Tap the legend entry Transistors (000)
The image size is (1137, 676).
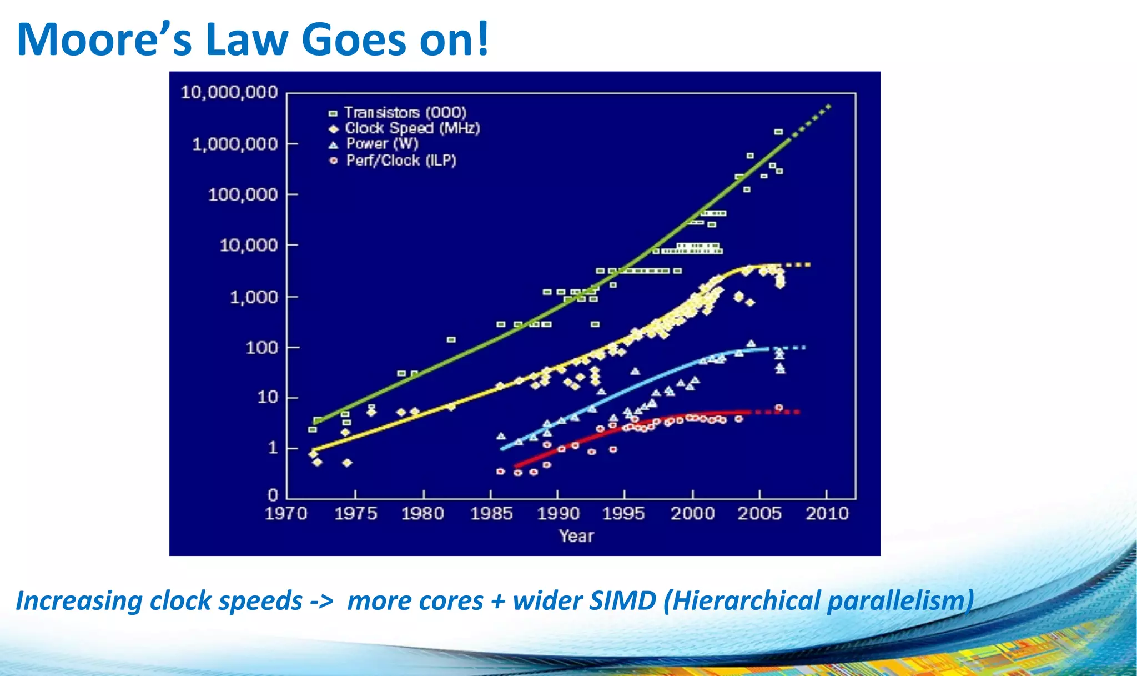pos(405,113)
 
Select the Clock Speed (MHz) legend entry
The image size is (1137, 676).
pos(412,128)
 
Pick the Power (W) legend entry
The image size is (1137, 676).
pos(382,144)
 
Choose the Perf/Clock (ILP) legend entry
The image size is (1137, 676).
pos(401,161)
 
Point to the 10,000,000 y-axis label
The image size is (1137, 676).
pos(229,92)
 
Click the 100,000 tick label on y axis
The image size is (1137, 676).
pos(243,195)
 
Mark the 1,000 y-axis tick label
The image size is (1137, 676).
pos(254,297)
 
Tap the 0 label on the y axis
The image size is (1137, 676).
pos(273,494)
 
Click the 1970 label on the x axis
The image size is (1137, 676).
pos(286,513)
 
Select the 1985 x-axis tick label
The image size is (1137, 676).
pos(491,513)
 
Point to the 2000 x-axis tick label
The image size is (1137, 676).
pos(692,513)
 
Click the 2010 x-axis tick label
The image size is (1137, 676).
pos(827,513)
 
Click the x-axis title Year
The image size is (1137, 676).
pos(576,536)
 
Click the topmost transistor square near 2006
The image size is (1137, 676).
pos(778,132)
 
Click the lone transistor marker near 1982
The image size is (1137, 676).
pos(451,339)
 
